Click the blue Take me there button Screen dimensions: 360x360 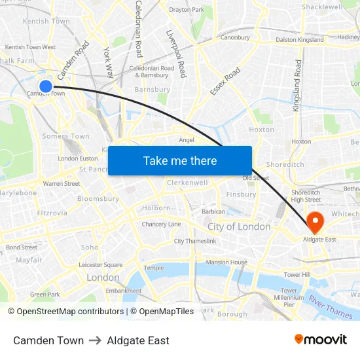[x=180, y=160]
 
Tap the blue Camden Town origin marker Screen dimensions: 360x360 [x=46, y=86]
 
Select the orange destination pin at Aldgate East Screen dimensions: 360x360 [x=315, y=222]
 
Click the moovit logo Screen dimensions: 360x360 [x=320, y=340]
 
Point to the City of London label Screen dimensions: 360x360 [x=239, y=226]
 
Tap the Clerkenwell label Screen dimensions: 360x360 [x=187, y=183]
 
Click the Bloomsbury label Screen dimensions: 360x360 [x=98, y=198]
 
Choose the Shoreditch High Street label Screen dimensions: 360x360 [x=306, y=196]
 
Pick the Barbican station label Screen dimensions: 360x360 [x=213, y=211]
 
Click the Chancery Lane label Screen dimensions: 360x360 [x=162, y=225]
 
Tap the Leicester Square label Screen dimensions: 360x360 [x=100, y=265]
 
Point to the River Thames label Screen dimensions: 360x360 [x=331, y=306]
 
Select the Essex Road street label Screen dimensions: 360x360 [x=226, y=81]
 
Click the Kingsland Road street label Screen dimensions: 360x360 [x=298, y=85]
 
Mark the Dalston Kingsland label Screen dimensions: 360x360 [x=300, y=40]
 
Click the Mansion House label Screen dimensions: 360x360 [x=226, y=262]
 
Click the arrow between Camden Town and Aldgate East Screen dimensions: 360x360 [x=96, y=340]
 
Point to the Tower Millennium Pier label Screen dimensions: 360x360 [x=289, y=297]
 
